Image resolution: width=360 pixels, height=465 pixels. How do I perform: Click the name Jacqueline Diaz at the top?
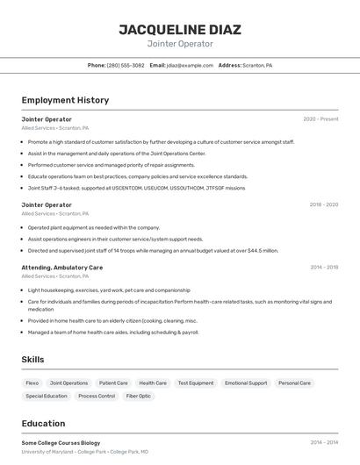pyautogui.click(x=180, y=29)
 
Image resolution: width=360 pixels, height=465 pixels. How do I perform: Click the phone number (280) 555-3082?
pyautogui.click(x=126, y=65)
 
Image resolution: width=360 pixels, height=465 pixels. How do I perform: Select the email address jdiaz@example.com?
pyautogui.click(x=190, y=65)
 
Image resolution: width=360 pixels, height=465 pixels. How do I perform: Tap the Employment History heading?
pyautogui.click(x=65, y=100)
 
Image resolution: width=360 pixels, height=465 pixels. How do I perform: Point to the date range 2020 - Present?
pyautogui.click(x=320, y=119)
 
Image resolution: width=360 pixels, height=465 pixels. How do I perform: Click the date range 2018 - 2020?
pyautogui.click(x=323, y=204)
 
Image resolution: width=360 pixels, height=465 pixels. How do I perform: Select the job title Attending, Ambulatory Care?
pyautogui.click(x=61, y=267)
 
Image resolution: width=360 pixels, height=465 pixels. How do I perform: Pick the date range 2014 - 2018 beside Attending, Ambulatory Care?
pyautogui.click(x=324, y=267)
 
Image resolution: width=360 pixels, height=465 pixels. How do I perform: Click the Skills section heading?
pyautogui.click(x=33, y=360)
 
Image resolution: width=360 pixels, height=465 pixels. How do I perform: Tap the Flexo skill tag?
pyautogui.click(x=32, y=383)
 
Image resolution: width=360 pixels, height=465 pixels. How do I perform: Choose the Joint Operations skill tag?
pyautogui.click(x=68, y=383)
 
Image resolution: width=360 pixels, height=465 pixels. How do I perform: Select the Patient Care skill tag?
pyautogui.click(x=113, y=383)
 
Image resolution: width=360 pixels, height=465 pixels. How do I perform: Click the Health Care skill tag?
pyautogui.click(x=153, y=383)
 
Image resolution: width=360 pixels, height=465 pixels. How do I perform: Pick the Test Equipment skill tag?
pyautogui.click(x=195, y=383)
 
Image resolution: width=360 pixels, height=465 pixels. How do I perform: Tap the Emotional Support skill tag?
pyautogui.click(x=246, y=383)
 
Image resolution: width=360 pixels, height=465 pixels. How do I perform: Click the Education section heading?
pyautogui.click(x=43, y=423)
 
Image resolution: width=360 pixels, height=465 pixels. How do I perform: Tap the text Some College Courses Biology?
pyautogui.click(x=61, y=443)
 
